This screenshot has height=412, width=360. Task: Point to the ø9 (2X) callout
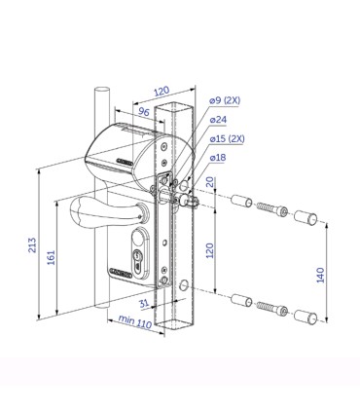click(226, 101)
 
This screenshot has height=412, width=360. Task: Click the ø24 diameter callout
click(218, 120)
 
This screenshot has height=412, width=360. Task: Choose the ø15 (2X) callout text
click(228, 138)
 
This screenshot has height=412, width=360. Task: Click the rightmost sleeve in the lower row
click(306, 313)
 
